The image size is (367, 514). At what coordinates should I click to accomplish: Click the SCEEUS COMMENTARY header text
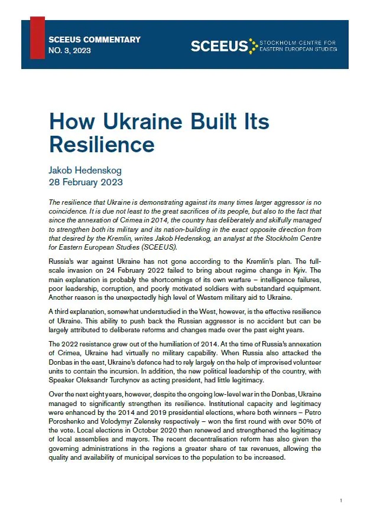coord(95,40)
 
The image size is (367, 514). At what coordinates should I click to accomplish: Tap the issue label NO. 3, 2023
coord(70,51)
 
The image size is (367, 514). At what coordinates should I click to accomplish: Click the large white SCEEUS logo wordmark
coord(219,46)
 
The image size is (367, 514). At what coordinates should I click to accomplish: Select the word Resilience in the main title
coord(102,145)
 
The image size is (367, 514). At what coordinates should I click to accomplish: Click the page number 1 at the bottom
coord(341,500)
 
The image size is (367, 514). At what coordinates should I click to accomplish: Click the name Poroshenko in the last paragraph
coord(70,424)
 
